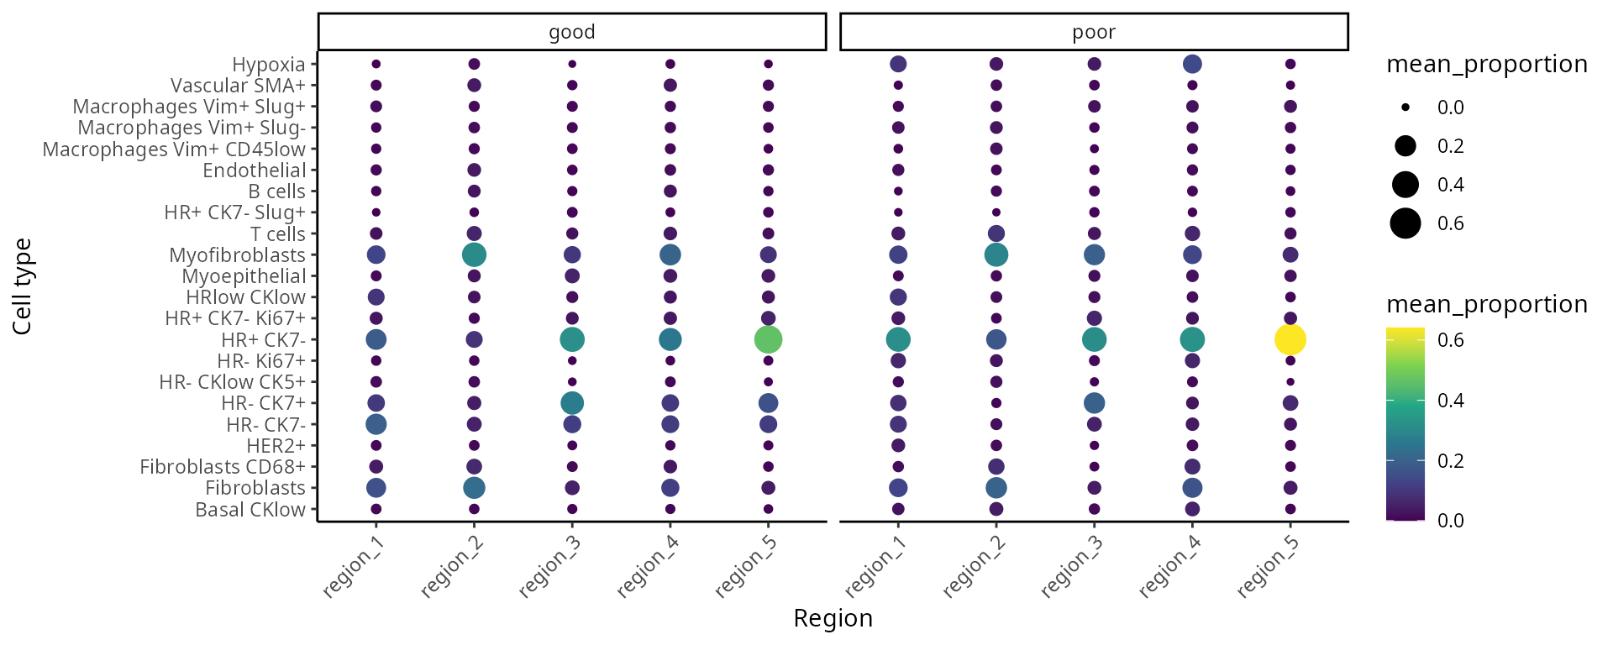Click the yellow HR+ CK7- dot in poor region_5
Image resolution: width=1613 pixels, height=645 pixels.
pos(1290,339)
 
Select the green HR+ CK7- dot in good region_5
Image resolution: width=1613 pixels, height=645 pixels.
pos(768,339)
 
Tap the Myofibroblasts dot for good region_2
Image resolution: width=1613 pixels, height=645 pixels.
pos(474,254)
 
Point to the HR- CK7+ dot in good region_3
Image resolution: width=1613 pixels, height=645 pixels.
pos(572,403)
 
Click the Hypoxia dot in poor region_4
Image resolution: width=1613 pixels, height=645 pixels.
pos(1191,64)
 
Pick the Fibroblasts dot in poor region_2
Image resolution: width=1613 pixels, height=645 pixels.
pos(996,488)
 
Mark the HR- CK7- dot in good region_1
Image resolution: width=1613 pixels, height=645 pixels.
pos(376,424)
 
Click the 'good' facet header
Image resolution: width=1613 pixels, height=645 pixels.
pos(572,32)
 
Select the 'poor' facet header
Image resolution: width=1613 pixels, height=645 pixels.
pos(1094,32)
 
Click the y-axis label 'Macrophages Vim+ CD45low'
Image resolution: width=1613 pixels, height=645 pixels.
pos(174,149)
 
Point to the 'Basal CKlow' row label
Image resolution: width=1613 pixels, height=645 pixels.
pos(250,510)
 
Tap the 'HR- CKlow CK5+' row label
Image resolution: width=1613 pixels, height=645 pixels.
pos(232,382)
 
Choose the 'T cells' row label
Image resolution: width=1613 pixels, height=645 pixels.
pos(277,234)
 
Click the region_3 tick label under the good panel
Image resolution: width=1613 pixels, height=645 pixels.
pos(550,566)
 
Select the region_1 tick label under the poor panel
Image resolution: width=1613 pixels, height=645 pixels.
pos(875,566)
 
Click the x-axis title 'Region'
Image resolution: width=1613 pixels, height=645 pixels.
pos(833,618)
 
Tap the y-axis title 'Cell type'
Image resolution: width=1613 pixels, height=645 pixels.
pos(23,286)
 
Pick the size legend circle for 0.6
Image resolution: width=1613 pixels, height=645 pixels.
pos(1405,223)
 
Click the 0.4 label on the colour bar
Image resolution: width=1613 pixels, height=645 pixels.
pos(1450,401)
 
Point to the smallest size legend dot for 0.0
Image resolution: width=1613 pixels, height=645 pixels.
pos(1405,107)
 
